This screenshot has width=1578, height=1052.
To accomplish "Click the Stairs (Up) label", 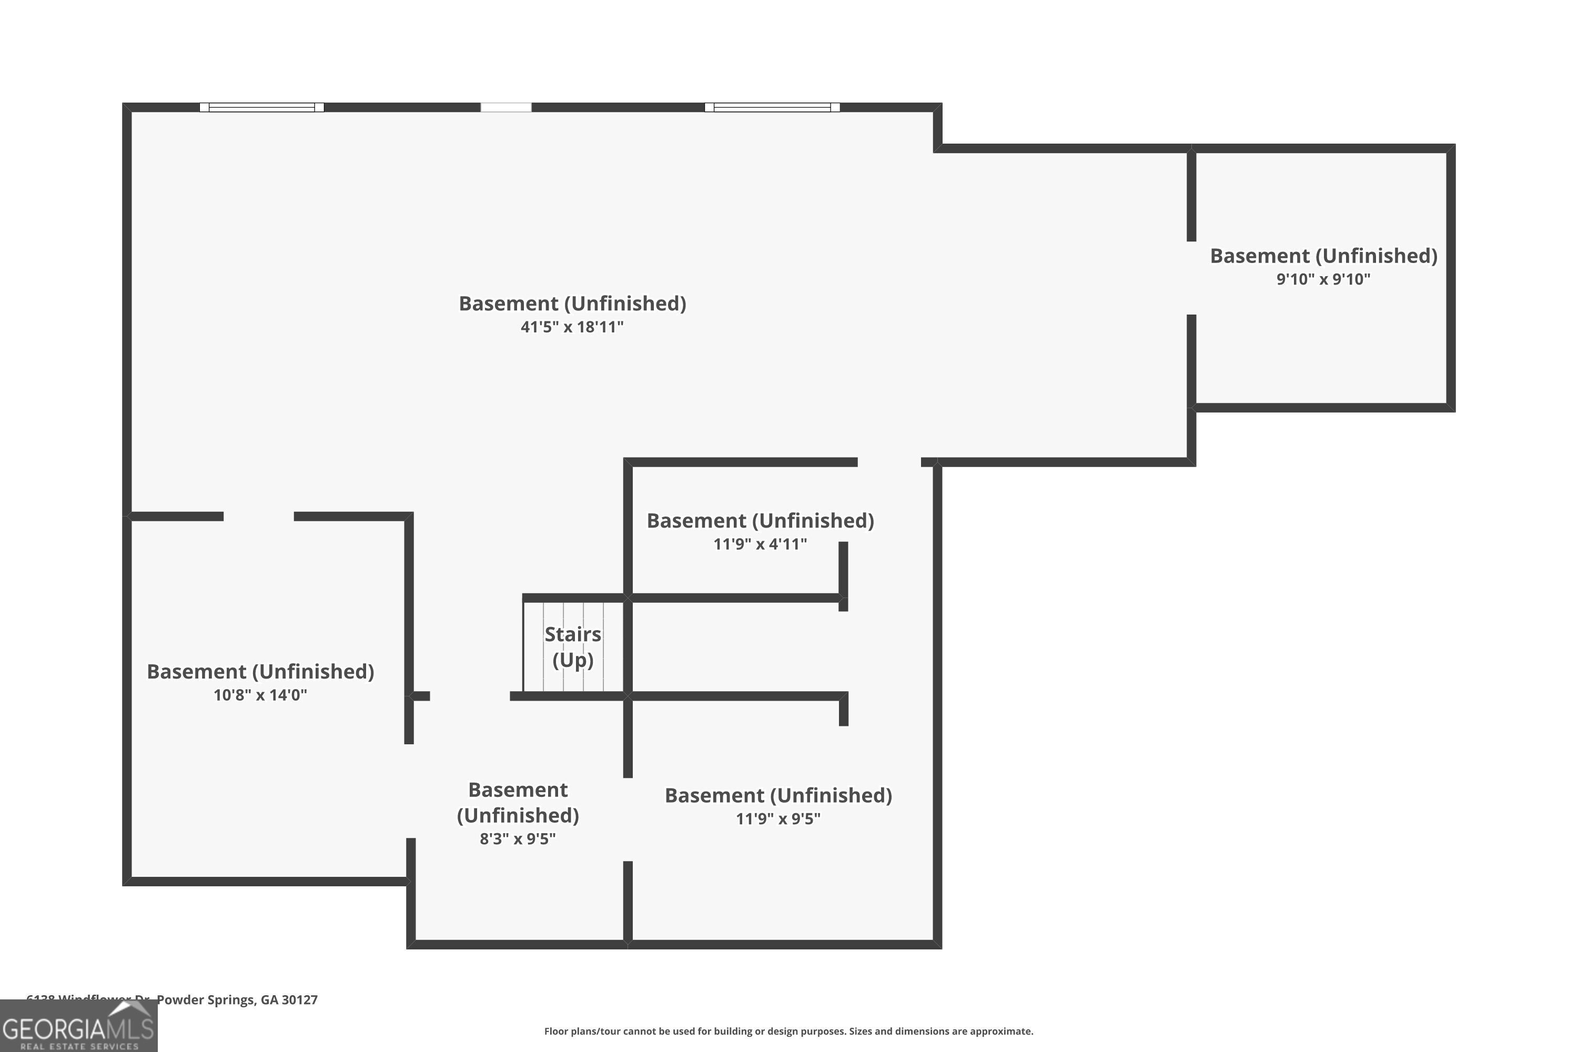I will coord(572,647).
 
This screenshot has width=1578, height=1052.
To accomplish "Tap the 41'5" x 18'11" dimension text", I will coord(572,327).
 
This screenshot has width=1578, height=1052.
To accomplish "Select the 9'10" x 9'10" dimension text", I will coord(1323,279).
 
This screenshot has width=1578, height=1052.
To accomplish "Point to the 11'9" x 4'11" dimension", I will coord(760,543).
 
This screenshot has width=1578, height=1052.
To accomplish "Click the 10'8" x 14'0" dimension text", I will coord(260,694).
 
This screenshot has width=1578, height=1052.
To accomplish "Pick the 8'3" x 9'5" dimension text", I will coord(517,838).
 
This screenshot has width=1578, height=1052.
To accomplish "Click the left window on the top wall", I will coord(261,107).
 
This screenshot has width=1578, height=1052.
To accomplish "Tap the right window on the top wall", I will coord(772,107).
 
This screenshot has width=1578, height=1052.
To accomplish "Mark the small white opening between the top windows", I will coord(506,107).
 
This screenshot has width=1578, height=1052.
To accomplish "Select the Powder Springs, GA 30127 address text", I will coord(236,1000).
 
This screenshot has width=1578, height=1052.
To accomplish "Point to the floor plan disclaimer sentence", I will coord(788,1031).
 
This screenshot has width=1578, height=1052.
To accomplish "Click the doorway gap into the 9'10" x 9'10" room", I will coord(1191,278).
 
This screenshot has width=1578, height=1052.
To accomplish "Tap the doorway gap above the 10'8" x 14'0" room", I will coord(259,516).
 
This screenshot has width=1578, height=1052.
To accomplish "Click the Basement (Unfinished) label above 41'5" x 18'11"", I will coord(572,304).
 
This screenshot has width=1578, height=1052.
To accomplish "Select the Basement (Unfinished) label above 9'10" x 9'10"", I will coord(1323,256).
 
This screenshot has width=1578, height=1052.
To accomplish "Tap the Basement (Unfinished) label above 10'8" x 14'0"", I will coord(260,671).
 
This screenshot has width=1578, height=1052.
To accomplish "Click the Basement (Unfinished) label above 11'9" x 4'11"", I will coord(760,521).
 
